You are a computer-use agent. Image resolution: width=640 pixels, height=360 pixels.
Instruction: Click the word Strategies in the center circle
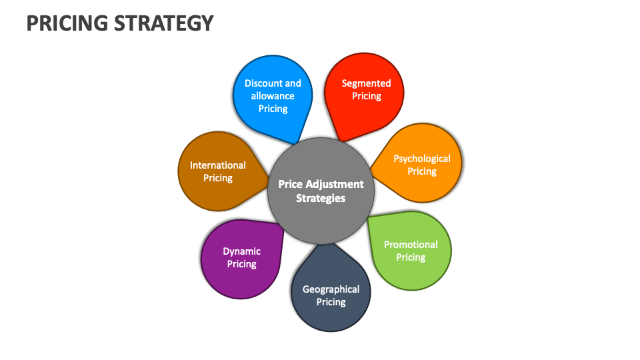(x=321, y=198)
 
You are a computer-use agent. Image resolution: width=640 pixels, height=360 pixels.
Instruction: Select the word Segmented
(x=366, y=83)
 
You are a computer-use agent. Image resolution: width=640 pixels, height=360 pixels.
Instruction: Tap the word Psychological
(x=422, y=159)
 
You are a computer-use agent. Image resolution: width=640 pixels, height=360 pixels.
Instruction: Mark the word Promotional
(x=411, y=245)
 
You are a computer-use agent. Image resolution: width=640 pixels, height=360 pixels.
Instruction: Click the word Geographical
(x=331, y=289)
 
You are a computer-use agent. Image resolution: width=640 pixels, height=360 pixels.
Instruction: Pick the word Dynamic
(x=241, y=251)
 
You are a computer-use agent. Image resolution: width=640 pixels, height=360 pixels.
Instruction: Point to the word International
(x=218, y=165)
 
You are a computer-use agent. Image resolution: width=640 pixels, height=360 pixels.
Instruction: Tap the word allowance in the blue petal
(x=273, y=96)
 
